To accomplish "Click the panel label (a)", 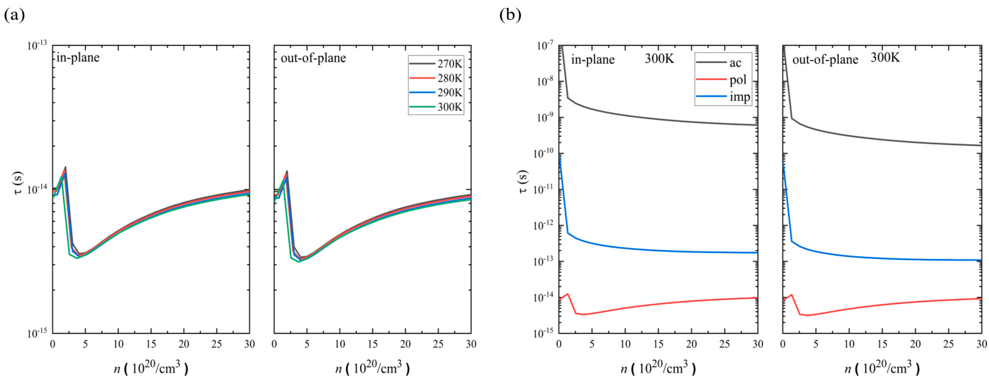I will tap(14, 15).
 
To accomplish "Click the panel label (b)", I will tap(510, 15).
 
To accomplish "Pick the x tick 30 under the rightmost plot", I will tap(981, 344).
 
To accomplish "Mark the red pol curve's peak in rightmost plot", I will tap(791, 294).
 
